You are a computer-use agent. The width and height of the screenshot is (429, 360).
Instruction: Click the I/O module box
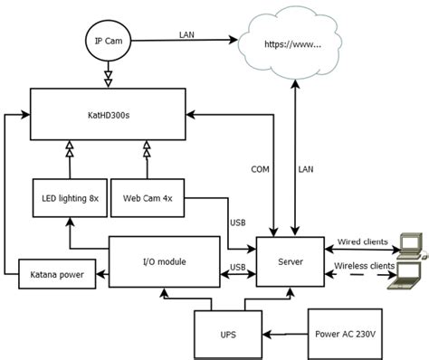pyautogui.click(x=163, y=261)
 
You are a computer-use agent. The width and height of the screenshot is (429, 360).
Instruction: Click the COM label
pyautogui.click(x=260, y=169)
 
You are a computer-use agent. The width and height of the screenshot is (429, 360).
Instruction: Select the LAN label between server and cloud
pyautogui.click(x=308, y=169)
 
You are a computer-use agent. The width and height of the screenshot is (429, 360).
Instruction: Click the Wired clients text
pyautogui.click(x=362, y=242)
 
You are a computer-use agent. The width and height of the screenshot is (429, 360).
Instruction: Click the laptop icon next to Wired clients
pyautogui.click(x=411, y=241)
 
